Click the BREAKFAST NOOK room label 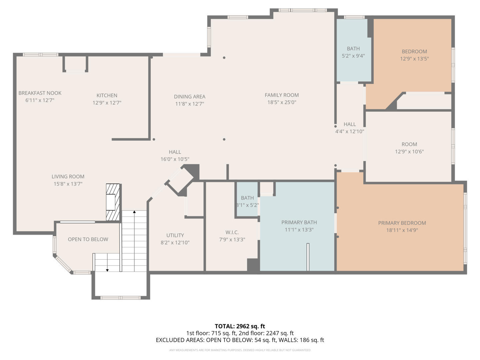point(40,93)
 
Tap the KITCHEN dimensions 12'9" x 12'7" point(107,103)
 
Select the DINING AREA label point(189,97)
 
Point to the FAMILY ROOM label point(282,95)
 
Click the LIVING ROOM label point(68,177)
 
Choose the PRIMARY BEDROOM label point(402,223)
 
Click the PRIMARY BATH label point(299,222)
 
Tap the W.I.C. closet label point(232,232)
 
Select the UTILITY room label point(175,235)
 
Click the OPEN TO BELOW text point(88,239)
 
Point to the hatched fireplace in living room point(113,202)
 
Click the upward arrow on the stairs point(134,212)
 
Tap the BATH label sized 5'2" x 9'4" point(353,49)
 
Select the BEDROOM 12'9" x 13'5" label point(414,52)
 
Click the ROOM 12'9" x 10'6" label point(409,144)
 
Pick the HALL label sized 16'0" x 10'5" point(175,152)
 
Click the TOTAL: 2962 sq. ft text point(240,326)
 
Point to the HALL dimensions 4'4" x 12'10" point(349,132)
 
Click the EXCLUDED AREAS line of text point(240,340)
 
